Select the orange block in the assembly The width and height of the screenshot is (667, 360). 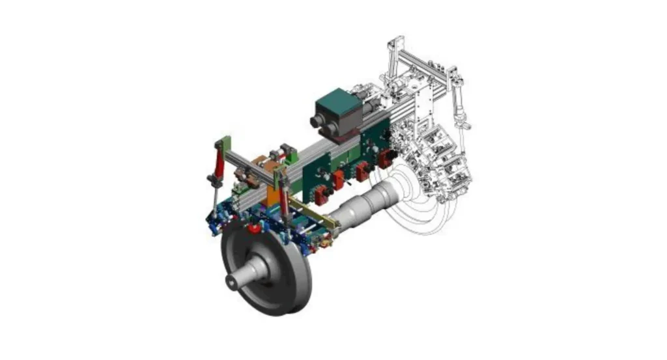[x=274, y=196]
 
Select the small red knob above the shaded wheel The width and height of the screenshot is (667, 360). [x=253, y=228]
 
